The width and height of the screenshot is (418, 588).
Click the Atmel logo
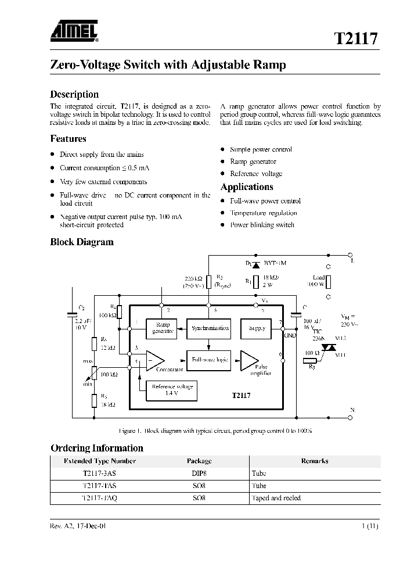(74, 31)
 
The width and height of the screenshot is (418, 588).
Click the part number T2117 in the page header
(356, 39)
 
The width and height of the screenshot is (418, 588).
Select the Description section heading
(74, 94)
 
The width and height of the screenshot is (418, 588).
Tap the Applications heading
(247, 187)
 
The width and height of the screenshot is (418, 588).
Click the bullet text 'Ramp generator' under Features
(253, 162)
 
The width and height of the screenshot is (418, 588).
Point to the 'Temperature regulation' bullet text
(263, 213)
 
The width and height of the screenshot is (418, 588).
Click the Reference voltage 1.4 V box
(171, 390)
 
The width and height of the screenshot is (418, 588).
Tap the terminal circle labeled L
(351, 254)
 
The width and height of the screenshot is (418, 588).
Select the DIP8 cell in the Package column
(199, 474)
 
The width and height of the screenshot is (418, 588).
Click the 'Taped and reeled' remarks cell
(276, 498)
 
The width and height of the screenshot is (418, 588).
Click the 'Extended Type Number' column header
(100, 461)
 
